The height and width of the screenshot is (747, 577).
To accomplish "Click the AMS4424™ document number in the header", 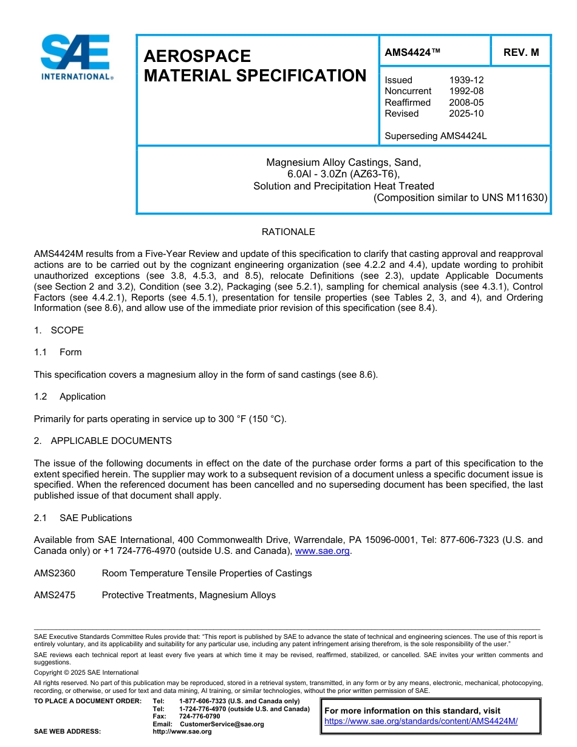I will pyautogui.click(x=412, y=53).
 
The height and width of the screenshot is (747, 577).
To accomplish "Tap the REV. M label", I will pyautogui.click(x=521, y=53).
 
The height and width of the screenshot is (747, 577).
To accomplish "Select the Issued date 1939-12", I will pyautogui.click(x=466, y=80).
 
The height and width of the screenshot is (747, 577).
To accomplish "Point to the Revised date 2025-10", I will pyautogui.click(x=466, y=114).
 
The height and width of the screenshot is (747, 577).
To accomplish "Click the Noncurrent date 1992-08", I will pyautogui.click(x=466, y=91).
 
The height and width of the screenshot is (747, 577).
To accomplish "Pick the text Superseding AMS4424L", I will pyautogui.click(x=435, y=136).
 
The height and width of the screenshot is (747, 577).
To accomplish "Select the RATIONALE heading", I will pyautogui.click(x=288, y=232).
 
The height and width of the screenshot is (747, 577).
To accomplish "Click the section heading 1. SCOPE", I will pyautogui.click(x=59, y=330).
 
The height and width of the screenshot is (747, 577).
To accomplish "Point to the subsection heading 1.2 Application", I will pyautogui.click(x=70, y=397).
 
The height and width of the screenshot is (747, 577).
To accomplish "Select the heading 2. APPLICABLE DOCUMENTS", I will pyautogui.click(x=103, y=441).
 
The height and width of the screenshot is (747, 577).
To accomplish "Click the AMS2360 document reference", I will pyautogui.click(x=55, y=573).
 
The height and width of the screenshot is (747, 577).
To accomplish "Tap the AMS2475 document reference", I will pyautogui.click(x=55, y=595).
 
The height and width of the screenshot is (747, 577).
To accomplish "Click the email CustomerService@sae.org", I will pyautogui.click(x=222, y=724).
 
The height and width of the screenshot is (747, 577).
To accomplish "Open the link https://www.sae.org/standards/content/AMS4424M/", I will pyautogui.click(x=421, y=721).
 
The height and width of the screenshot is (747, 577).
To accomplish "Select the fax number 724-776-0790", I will pyautogui.click(x=199, y=717).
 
